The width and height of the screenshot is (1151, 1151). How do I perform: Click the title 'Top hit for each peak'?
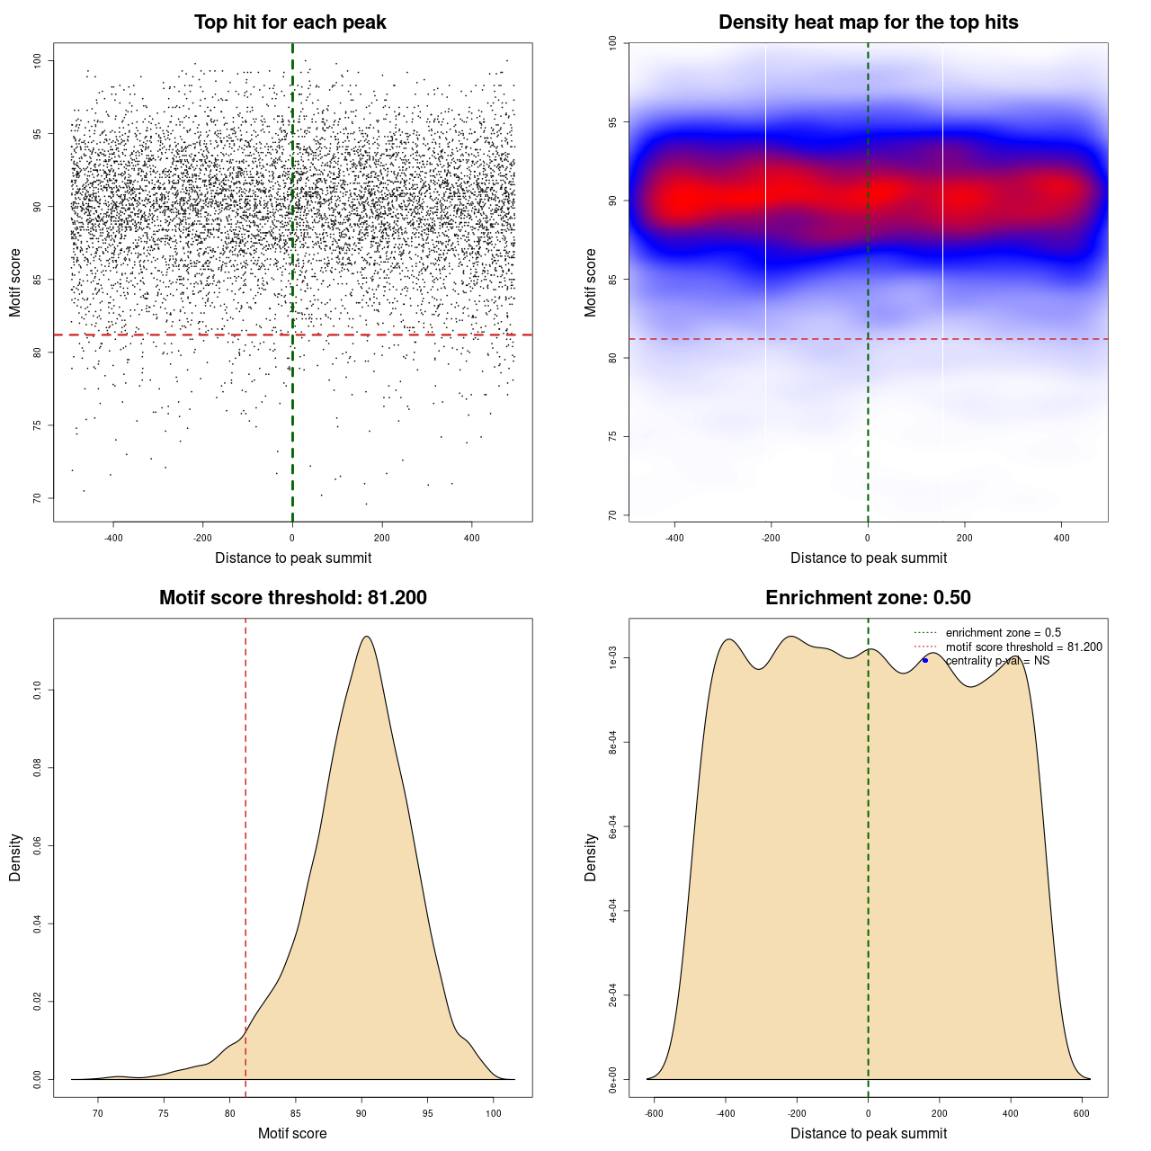pyautogui.click(x=290, y=22)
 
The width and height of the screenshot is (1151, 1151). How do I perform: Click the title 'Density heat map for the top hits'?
pyautogui.click(x=868, y=22)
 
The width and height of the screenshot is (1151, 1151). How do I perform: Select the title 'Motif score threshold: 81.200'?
pyautogui.click(x=292, y=598)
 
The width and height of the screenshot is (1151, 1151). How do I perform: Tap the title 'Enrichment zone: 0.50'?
pyautogui.click(x=868, y=598)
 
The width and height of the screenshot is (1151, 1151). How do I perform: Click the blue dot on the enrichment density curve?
pyautogui.click(x=925, y=660)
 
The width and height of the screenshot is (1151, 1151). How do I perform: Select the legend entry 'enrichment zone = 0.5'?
pyautogui.click(x=1003, y=633)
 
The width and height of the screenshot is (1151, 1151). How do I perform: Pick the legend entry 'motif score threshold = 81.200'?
pyautogui.click(x=1023, y=647)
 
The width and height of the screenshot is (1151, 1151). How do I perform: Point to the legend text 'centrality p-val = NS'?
pyautogui.click(x=997, y=661)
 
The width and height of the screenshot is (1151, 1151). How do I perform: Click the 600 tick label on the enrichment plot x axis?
pyautogui.click(x=1082, y=1113)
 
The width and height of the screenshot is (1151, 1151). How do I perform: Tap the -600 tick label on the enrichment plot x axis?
pyautogui.click(x=654, y=1113)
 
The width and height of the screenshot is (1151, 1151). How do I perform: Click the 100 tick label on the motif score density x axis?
pyautogui.click(x=494, y=1113)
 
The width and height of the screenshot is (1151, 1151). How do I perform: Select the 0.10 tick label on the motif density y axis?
pyautogui.click(x=37, y=690)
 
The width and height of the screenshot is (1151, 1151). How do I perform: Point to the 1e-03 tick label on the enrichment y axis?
pyautogui.click(x=612, y=658)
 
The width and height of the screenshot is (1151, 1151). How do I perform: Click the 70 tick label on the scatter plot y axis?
pyautogui.click(x=37, y=498)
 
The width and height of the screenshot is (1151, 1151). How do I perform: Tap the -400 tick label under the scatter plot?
pyautogui.click(x=113, y=538)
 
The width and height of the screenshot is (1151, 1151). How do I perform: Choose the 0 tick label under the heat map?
pyautogui.click(x=868, y=538)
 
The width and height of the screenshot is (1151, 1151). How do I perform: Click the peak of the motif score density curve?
pyautogui.click(x=366, y=637)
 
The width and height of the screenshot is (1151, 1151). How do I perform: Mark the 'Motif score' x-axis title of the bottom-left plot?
pyautogui.click(x=292, y=1133)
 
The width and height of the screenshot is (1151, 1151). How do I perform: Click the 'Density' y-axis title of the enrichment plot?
pyautogui.click(x=591, y=857)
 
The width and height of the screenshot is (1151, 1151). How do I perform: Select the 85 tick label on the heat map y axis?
pyautogui.click(x=612, y=279)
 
